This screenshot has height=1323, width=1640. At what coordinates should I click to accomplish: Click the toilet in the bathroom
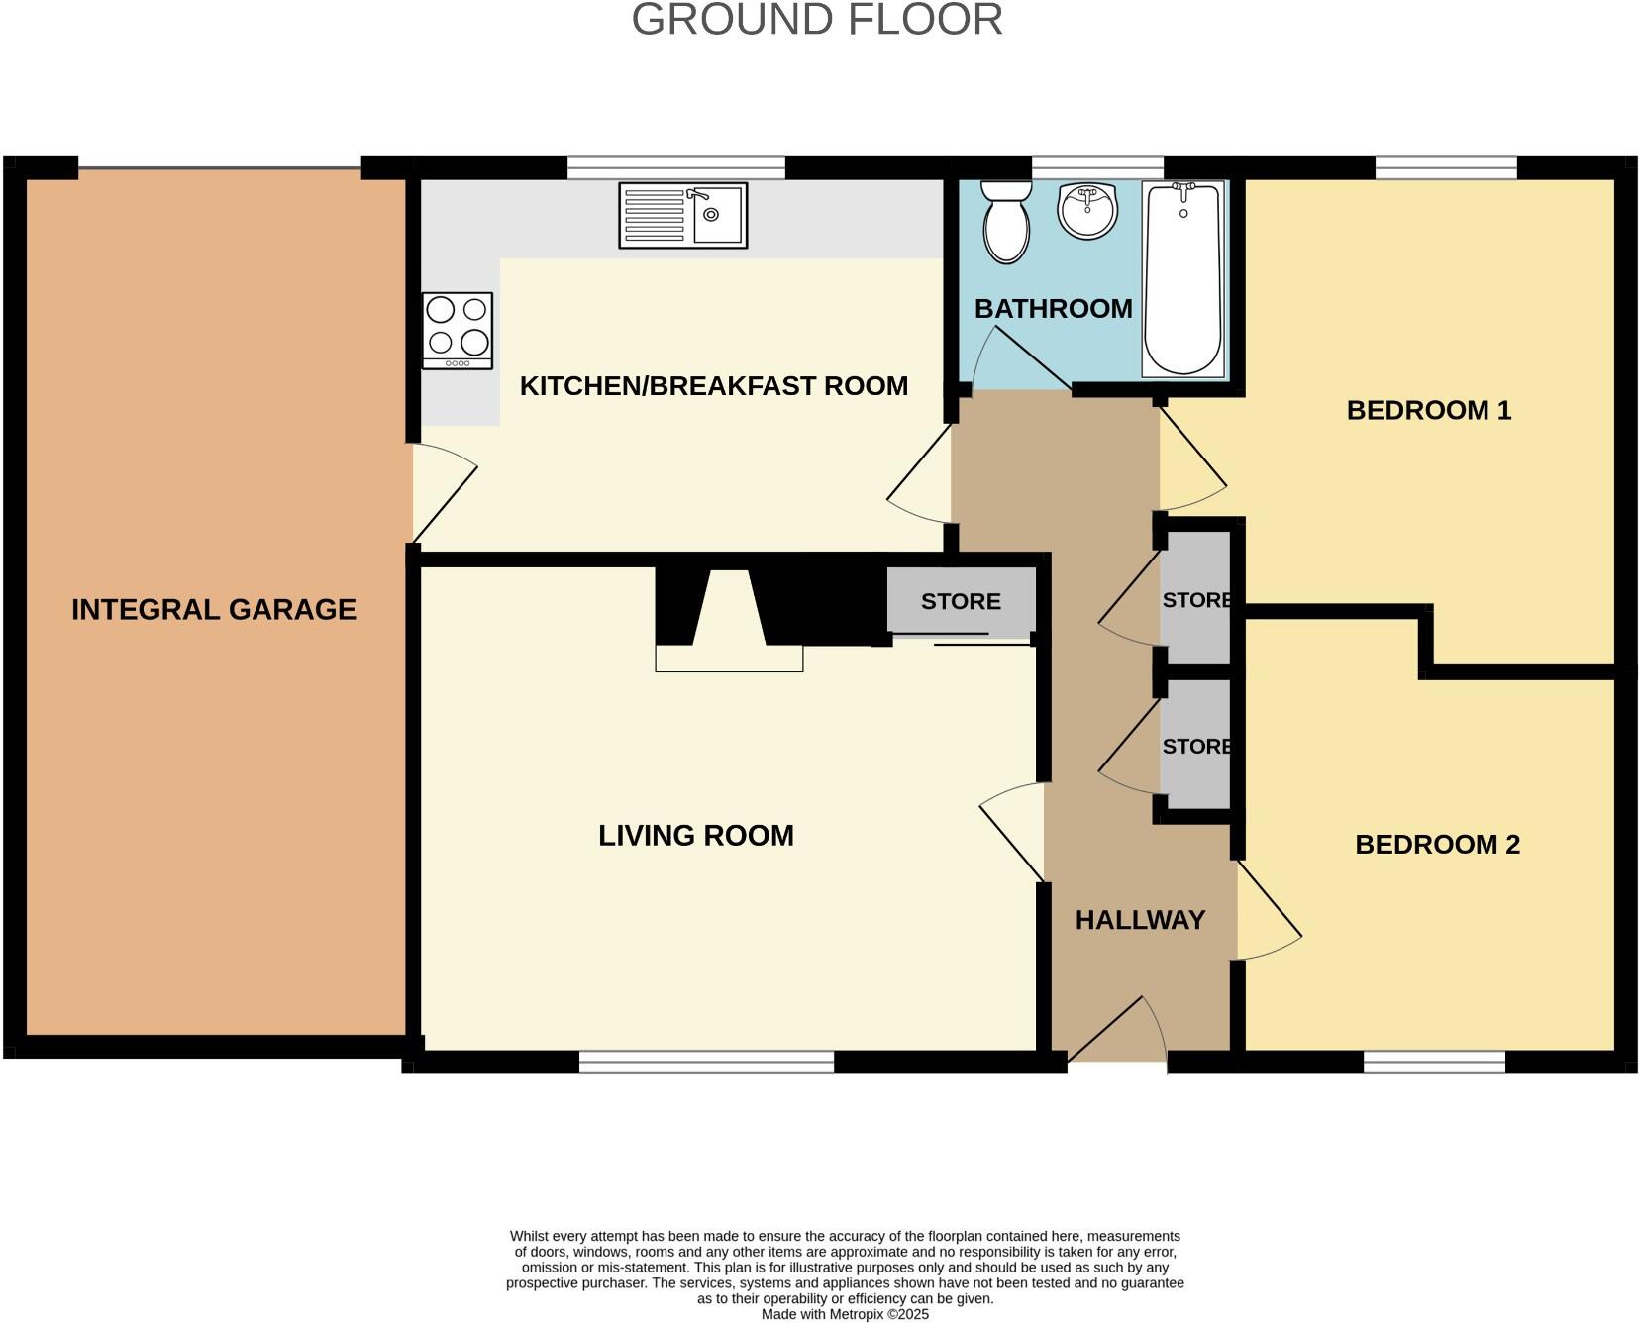(1006, 222)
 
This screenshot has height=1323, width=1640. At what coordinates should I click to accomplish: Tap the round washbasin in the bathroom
(1087, 209)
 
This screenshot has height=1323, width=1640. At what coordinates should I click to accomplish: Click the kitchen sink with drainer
(682, 215)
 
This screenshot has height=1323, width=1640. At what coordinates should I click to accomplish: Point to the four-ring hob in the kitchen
(458, 330)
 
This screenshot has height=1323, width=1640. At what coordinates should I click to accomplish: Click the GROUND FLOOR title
(817, 20)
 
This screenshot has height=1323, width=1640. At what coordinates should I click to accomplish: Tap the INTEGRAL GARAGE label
(214, 609)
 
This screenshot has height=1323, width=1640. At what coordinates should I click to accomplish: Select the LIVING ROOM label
(696, 836)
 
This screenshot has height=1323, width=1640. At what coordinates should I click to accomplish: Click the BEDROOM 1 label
(1429, 410)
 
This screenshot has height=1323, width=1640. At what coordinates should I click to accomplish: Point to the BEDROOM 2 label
(1437, 845)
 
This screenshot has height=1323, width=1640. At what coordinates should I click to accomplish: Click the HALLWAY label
(1140, 920)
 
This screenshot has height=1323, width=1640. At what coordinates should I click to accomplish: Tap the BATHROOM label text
(1053, 309)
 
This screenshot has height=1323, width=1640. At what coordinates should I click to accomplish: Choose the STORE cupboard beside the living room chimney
(961, 601)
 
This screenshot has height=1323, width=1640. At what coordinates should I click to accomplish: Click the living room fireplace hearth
(729, 658)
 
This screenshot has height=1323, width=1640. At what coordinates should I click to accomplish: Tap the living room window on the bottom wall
(706, 1063)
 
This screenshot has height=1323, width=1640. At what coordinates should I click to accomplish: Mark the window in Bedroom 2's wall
(1434, 1063)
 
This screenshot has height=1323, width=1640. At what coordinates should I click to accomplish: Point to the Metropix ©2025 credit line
(845, 1314)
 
